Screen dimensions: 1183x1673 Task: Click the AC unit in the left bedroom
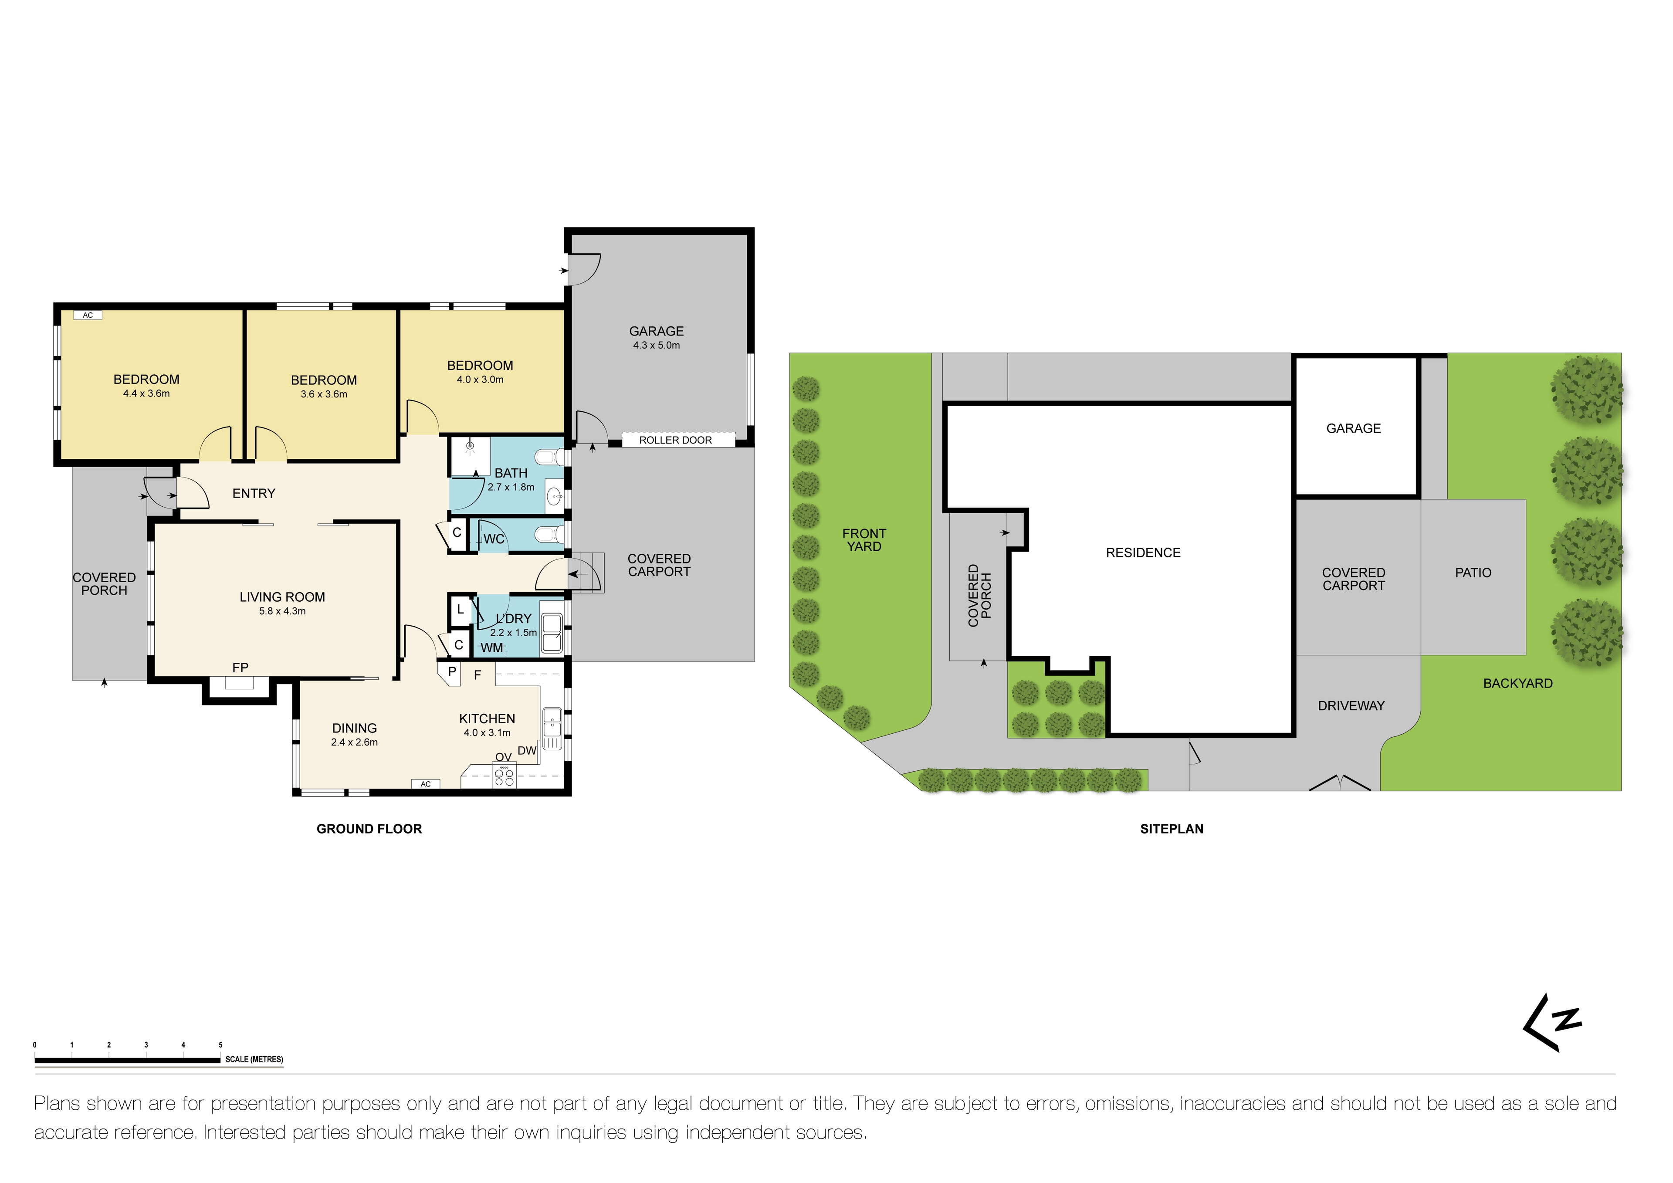click(x=88, y=315)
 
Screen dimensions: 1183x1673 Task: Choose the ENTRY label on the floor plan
click(x=254, y=494)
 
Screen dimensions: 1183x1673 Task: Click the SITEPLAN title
click(x=1171, y=829)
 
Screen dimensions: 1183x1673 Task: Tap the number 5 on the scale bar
click(x=220, y=1044)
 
